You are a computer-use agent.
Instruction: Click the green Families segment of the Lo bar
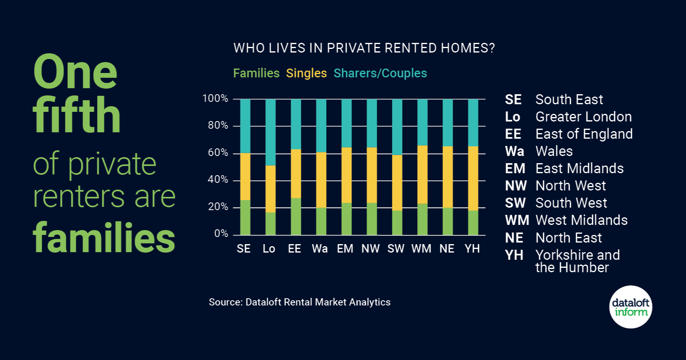[270, 223]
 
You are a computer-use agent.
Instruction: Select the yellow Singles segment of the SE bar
[245, 176]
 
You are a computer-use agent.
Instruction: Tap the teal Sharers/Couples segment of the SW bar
[397, 127]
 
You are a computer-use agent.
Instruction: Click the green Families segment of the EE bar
[296, 216]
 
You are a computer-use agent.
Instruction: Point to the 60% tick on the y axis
[218, 153]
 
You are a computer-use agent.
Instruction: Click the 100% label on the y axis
[215, 99]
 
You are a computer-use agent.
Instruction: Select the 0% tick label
[221, 234]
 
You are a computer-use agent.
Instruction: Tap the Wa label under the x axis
[320, 249]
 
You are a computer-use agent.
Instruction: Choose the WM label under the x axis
[421, 249]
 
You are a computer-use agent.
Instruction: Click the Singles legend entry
[306, 73]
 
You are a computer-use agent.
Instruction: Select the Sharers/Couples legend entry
[380, 73]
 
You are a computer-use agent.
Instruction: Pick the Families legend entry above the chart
[256, 73]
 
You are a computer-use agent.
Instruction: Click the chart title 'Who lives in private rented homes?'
[364, 48]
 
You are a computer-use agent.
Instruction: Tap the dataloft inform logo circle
[631, 307]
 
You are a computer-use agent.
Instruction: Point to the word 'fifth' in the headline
[77, 115]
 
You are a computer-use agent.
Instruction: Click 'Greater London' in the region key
[583, 117]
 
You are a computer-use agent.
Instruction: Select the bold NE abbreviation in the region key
[514, 238]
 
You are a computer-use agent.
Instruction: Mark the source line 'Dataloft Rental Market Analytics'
[299, 302]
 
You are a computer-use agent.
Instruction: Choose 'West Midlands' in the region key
[581, 220]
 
